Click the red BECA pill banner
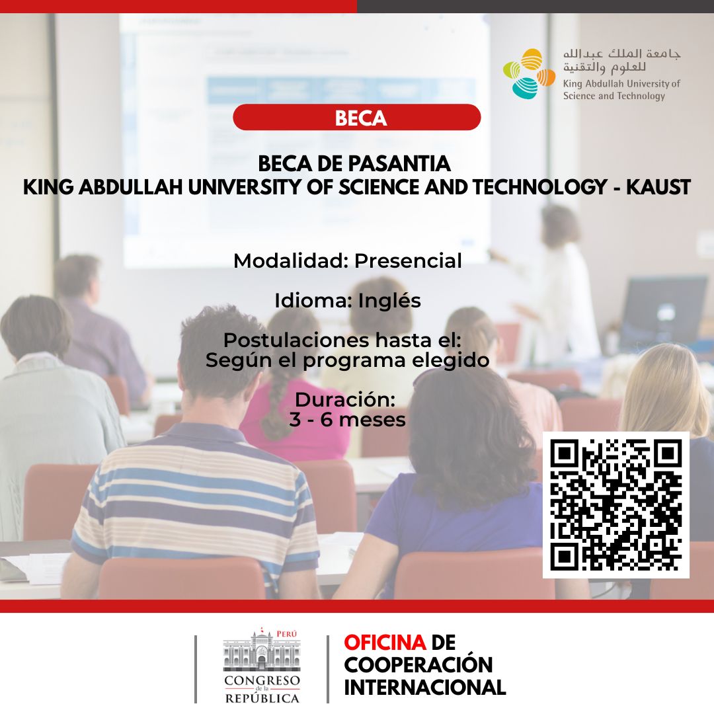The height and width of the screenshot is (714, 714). (357, 118)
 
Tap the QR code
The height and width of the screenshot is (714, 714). (615, 505)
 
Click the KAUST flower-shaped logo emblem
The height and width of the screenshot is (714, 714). (529, 73)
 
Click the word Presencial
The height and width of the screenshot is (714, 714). (408, 261)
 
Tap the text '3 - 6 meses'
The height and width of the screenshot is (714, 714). (347, 419)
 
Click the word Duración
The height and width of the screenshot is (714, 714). (344, 400)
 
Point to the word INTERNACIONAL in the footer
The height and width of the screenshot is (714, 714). (425, 687)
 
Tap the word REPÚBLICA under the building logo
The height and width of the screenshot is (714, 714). (262, 697)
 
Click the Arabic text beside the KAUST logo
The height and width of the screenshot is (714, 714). (621, 60)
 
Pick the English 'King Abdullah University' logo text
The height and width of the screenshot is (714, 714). (621, 84)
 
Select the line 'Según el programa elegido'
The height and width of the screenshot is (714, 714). (347, 360)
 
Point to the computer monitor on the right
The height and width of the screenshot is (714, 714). (663, 311)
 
